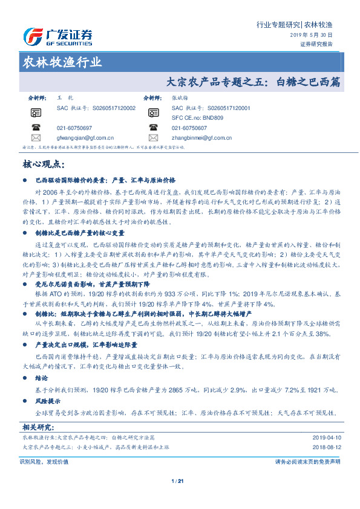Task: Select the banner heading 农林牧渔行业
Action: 62,62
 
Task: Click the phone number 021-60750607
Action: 189,128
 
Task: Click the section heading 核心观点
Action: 42,164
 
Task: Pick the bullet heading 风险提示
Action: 50,401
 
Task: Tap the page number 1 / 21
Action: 177,481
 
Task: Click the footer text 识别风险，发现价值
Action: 44,461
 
